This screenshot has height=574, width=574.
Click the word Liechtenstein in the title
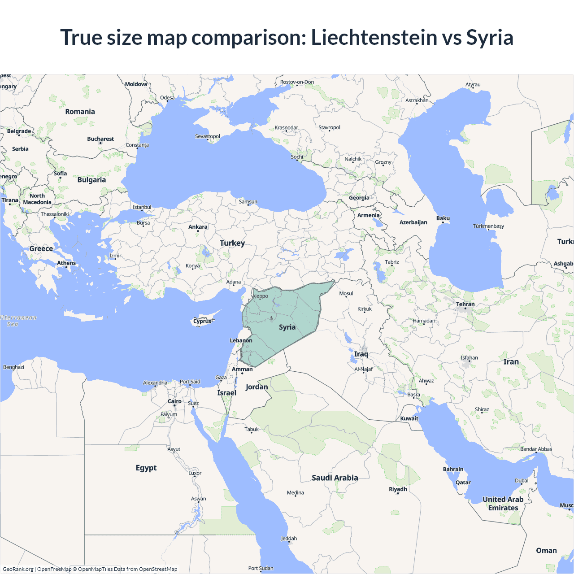click(x=374, y=37)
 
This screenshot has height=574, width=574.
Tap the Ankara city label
click(x=198, y=227)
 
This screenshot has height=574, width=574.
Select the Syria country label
click(x=287, y=327)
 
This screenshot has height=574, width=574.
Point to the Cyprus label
click(x=202, y=321)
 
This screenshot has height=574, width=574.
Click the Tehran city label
click(x=465, y=304)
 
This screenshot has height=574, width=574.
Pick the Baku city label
click(x=443, y=218)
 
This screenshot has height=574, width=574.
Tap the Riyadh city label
click(x=398, y=489)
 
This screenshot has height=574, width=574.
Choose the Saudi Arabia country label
click(x=335, y=478)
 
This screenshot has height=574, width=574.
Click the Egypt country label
click(x=146, y=468)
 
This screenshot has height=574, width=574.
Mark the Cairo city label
click(x=174, y=401)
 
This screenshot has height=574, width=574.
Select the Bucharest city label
click(x=100, y=139)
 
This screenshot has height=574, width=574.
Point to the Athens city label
click(x=66, y=263)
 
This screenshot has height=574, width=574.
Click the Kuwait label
click(x=409, y=418)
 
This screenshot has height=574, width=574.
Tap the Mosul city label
click(x=346, y=294)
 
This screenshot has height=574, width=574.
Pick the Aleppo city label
click(x=260, y=296)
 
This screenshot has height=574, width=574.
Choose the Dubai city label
click(x=522, y=481)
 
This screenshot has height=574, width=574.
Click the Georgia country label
click(x=359, y=198)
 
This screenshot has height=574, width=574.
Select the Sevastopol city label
click(x=207, y=136)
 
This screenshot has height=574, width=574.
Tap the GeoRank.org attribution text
click(x=18, y=569)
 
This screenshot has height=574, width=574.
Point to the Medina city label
click(x=296, y=493)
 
